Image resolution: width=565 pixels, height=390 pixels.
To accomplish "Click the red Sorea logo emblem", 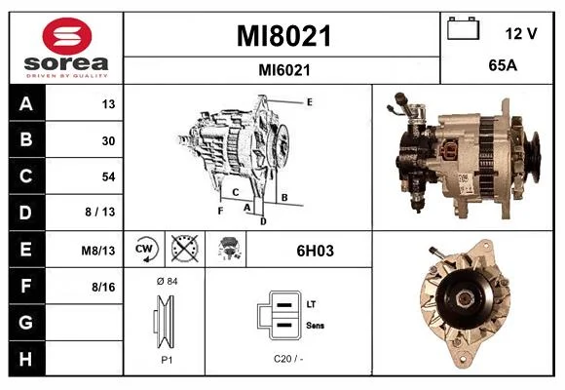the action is [67, 36].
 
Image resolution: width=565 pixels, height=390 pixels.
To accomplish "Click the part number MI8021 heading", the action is [283, 36].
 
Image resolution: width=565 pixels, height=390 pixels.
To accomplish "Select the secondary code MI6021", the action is [284, 70].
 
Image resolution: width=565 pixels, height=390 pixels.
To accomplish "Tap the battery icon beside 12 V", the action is [464, 28].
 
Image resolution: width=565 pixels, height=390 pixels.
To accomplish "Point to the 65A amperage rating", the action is [503, 65].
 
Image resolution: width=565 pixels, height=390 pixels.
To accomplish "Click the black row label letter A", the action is [26, 104].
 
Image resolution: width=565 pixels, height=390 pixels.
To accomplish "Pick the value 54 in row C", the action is [108, 176].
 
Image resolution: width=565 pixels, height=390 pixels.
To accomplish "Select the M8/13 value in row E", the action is [98, 251].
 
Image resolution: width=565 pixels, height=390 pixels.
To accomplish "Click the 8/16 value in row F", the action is [103, 288].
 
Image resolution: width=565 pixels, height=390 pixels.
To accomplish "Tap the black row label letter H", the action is [25, 359].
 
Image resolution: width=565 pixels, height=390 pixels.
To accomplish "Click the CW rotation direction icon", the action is [144, 250].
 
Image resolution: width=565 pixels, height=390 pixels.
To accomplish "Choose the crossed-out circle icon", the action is [184, 249].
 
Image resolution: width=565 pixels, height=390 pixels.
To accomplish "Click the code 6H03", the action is [315, 251].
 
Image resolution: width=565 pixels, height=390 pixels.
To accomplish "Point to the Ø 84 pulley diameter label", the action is [167, 281].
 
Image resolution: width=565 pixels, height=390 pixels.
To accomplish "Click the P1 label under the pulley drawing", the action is [167, 360].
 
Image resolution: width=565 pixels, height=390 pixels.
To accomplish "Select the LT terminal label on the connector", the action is [311, 304].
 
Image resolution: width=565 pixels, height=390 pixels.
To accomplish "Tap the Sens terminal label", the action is [315, 326].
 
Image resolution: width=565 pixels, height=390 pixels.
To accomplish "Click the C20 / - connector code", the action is [288, 359].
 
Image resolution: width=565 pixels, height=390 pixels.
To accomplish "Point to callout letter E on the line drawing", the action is [309, 102].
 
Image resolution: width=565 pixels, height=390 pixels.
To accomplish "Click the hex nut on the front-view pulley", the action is [464, 298].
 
